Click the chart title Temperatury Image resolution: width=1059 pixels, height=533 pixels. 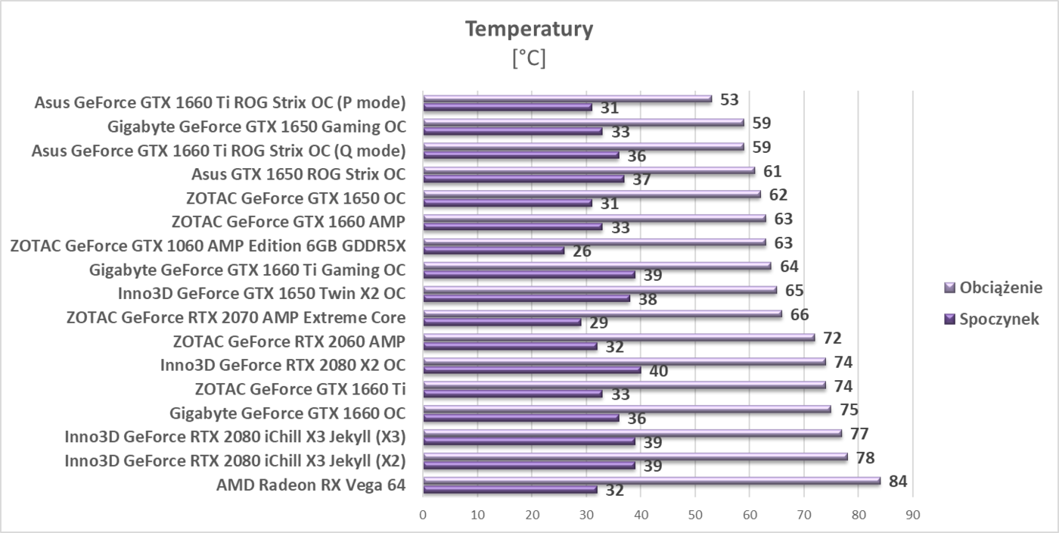pos(529,29)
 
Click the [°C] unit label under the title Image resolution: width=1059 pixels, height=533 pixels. pos(529,58)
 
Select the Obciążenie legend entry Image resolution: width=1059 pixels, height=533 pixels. pos(1001,288)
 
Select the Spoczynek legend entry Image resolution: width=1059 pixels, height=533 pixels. pos(998,319)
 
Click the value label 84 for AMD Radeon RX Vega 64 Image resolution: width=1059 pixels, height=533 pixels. pos(898,482)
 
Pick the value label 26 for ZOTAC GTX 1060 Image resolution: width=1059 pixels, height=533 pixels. pos(582,251)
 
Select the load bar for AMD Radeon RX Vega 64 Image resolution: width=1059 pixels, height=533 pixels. pos(651,480)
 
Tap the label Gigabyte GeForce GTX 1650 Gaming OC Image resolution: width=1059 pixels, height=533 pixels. pos(256,126)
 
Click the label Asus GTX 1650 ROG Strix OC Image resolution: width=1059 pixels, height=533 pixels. pos(298,174)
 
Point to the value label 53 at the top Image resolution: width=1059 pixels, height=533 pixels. pos(729,99)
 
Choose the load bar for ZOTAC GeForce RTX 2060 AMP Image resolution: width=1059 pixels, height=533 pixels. pos(618,337)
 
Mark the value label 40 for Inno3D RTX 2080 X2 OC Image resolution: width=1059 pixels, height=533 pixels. pos(658,371)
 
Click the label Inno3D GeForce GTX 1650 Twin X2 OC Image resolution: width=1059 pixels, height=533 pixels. pos(262,294)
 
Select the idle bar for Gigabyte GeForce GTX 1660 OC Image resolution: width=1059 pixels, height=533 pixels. pos(520,417)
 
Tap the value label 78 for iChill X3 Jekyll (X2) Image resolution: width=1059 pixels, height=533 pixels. pos(865,457)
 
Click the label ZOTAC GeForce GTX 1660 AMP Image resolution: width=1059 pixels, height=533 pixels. pos(288,222)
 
